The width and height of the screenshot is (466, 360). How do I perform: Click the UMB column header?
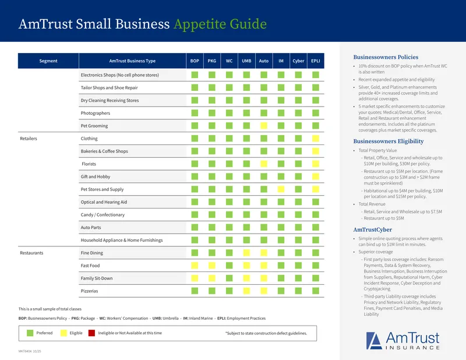tap(246, 61)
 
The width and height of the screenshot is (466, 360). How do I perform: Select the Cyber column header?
tap(298, 61)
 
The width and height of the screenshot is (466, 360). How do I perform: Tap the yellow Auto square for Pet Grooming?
tap(264, 126)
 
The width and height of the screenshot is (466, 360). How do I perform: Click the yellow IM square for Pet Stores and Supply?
tap(281, 189)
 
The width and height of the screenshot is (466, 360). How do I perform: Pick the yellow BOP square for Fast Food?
tap(195, 266)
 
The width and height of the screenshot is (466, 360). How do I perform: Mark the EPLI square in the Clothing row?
tap(316, 139)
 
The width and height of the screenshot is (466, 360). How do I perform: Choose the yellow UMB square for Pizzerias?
tap(246, 291)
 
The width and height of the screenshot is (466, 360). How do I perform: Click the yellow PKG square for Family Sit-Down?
tap(212, 278)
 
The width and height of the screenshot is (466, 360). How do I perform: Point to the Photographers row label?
tap(96, 113)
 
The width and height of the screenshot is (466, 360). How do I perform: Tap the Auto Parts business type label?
tap(91, 227)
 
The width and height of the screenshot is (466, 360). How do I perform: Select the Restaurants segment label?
tap(31, 253)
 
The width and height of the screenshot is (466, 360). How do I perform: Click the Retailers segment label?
tap(29, 139)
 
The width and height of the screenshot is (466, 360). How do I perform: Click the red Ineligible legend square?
tap(91, 333)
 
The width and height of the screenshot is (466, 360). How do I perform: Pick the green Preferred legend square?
tap(30, 333)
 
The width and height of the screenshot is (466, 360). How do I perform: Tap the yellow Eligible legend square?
tap(63, 333)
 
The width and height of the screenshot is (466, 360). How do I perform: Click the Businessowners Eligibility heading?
tap(389, 142)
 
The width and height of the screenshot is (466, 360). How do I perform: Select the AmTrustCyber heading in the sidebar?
tap(373, 230)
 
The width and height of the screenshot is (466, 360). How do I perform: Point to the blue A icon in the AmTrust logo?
tap(374, 341)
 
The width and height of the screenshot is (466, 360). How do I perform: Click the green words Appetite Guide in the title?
tap(220, 24)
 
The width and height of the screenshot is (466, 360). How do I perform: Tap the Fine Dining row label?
tap(92, 253)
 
